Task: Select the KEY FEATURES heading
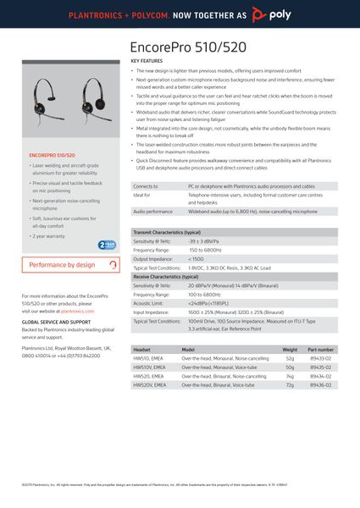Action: pyautogui.click(x=147, y=62)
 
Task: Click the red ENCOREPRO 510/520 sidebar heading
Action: pyautogui.click(x=52, y=156)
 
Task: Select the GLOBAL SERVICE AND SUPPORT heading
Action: pyautogui.click(x=56, y=323)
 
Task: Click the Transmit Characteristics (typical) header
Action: pyautogui.click(x=166, y=232)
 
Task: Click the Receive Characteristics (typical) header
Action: pyautogui.click(x=165, y=277)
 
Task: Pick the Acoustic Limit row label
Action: pyautogui.click(x=148, y=303)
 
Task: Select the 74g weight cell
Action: pyautogui.click(x=290, y=376)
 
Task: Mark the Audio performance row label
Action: pyautogui.click(x=152, y=212)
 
